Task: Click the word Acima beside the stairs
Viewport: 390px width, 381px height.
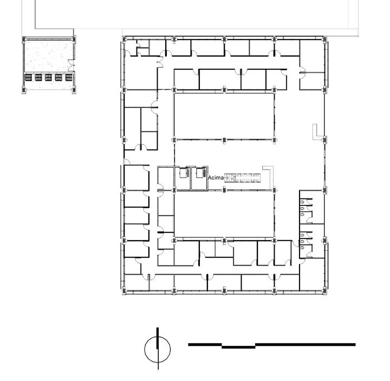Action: (x=216, y=178)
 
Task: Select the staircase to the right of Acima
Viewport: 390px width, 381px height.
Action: (x=242, y=178)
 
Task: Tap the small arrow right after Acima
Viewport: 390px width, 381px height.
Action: (x=226, y=178)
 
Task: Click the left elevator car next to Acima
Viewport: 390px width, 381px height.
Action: (x=184, y=173)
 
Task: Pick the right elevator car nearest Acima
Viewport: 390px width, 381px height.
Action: (x=201, y=173)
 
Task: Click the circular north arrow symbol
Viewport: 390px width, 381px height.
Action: (x=158, y=349)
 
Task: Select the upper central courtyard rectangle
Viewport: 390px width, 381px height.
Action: (x=224, y=116)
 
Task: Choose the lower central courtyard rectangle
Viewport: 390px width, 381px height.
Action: (x=224, y=216)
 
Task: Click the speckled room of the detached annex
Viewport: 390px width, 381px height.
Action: (x=49, y=56)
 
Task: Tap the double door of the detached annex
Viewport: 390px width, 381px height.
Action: (x=71, y=65)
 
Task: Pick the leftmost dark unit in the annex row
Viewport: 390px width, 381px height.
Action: (x=28, y=78)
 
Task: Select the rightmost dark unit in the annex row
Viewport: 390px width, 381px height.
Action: (x=69, y=78)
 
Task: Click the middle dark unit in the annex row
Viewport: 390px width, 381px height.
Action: (x=49, y=78)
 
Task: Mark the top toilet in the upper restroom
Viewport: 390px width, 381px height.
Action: (x=302, y=202)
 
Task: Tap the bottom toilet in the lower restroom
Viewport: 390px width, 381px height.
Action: (x=302, y=247)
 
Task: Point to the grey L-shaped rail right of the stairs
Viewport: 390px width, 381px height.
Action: (x=271, y=176)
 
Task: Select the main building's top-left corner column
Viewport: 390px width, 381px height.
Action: (x=124, y=39)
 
